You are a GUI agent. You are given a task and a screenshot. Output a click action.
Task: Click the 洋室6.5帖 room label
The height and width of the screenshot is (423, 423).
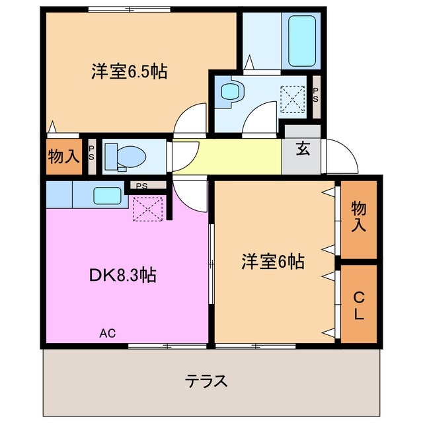tap(129, 71)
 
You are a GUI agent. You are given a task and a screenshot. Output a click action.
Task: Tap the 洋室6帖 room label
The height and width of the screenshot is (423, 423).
tap(272, 262)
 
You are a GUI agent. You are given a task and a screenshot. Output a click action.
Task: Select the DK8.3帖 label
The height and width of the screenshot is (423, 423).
tap(123, 274)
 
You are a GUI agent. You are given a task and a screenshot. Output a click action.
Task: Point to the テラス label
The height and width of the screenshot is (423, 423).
tap(207, 381)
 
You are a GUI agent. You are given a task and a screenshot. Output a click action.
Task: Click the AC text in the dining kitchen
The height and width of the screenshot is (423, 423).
tap(108, 333)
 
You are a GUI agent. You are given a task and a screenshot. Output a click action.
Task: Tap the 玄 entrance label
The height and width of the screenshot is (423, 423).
tap(302, 149)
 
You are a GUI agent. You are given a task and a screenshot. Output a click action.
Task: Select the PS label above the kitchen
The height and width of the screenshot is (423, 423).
tap(142, 186)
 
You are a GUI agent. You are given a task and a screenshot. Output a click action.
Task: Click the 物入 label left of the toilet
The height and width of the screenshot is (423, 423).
tap(63, 157)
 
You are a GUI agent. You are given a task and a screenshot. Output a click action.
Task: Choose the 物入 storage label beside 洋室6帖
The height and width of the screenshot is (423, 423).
tap(358, 217)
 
